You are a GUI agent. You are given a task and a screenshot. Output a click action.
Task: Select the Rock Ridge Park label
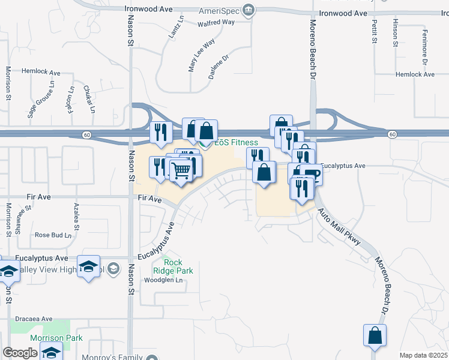(x=179, y=266)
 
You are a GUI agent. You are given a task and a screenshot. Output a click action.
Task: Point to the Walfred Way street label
(x=215, y=23)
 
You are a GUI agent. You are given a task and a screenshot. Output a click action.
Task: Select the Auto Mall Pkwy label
(x=339, y=226)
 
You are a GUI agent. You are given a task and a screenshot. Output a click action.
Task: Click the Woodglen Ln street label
(x=163, y=280)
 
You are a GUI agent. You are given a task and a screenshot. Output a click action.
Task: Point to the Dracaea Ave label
(x=34, y=319)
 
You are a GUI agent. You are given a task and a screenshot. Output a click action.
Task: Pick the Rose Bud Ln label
(x=53, y=235)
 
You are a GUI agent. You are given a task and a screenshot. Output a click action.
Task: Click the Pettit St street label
(x=374, y=31)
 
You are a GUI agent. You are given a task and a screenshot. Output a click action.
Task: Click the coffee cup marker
(x=312, y=174)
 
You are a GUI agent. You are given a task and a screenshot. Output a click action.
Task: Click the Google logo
(x=20, y=353)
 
